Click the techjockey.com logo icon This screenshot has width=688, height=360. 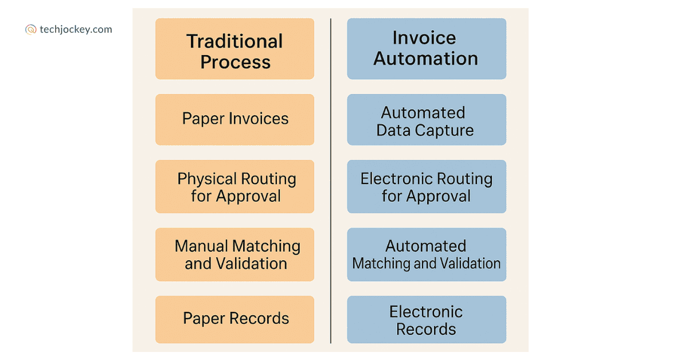tap(31, 30)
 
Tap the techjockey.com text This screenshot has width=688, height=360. tap(76, 30)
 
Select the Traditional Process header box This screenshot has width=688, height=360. tap(234, 49)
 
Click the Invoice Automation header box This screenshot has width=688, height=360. tap(427, 49)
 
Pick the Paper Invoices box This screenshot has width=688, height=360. tap(234, 119)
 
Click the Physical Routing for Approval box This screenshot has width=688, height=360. tap(234, 187)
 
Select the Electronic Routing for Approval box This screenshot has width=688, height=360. tap(427, 187)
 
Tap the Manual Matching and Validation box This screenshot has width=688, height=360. tap(234, 255)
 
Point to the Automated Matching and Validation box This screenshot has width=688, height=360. tap(427, 255)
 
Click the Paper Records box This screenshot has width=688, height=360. tap(234, 319)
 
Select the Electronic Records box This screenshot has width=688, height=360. tap(427, 319)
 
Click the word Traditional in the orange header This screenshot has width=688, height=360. tap(234, 41)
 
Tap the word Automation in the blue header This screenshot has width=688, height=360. tap(426, 58)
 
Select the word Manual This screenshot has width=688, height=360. tap(202, 246)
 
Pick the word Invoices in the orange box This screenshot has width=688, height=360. tap(259, 119)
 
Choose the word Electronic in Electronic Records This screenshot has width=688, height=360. tap(426, 312)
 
